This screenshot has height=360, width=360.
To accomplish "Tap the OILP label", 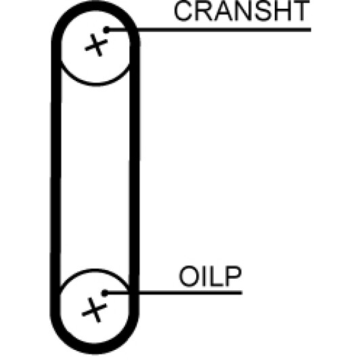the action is tap(210, 276).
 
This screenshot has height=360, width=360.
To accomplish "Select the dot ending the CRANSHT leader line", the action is tap(106, 30).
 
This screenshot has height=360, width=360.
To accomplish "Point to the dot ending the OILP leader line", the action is tap(105, 293).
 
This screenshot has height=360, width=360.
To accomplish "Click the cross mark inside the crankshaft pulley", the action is tap(96, 45).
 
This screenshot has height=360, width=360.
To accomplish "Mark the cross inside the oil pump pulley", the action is tap(94, 310).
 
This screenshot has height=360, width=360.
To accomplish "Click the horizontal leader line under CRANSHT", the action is tap(208, 30).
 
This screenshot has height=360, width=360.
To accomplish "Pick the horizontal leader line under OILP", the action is tap(173, 293).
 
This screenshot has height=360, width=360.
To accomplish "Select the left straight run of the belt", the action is tap(55, 177).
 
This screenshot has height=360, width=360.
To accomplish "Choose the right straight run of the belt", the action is tap(134, 177).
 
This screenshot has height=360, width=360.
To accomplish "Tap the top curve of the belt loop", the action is tap(95, 5).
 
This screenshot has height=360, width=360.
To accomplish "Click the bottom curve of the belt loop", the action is tap(94, 349).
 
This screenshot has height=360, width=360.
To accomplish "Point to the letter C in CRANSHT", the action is tap(183, 11).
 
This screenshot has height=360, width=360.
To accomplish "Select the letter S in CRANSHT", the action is tap(261, 11).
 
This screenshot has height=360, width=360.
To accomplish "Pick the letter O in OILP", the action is tap(188, 276).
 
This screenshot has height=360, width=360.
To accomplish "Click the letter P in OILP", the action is tap(233, 276).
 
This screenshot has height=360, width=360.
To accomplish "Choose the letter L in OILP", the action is tap(217, 276).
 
